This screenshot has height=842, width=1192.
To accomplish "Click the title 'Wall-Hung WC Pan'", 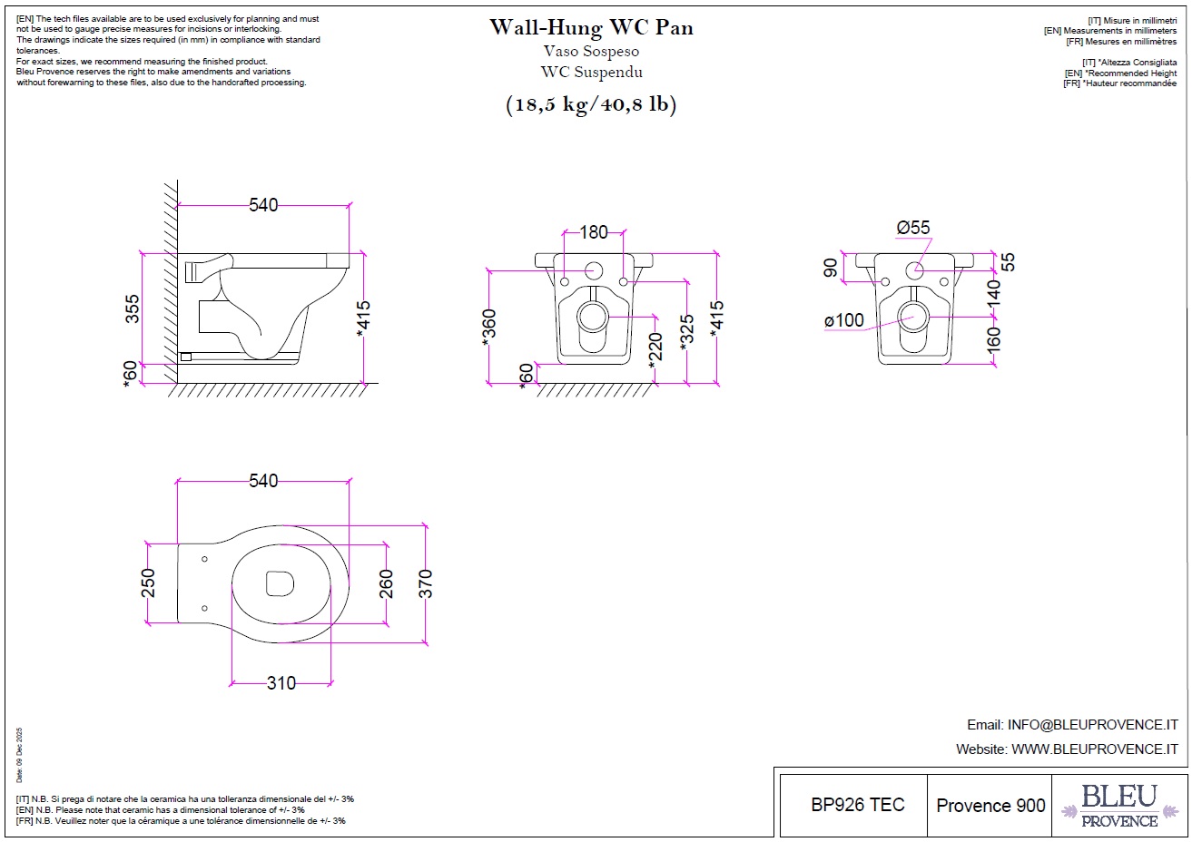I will pyautogui.click(x=591, y=27).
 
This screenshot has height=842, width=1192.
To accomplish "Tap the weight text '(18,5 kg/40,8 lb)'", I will pyautogui.click(x=591, y=104).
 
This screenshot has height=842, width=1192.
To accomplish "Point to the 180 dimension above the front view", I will pyautogui.click(x=594, y=232).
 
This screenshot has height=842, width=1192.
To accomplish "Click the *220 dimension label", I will pyautogui.click(x=656, y=348).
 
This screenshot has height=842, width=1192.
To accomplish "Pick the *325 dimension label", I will pyautogui.click(x=687, y=334).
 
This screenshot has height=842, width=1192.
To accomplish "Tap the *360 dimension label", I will pyautogui.click(x=490, y=328).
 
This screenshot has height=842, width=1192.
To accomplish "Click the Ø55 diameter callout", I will pyautogui.click(x=913, y=228).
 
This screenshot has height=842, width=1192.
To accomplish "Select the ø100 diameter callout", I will pyautogui.click(x=844, y=320).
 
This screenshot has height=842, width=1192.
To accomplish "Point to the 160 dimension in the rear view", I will pyautogui.click(x=994, y=339).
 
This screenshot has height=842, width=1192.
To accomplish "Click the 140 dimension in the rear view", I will pyautogui.click(x=994, y=292).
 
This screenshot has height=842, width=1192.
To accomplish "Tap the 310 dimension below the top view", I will pyautogui.click(x=281, y=683).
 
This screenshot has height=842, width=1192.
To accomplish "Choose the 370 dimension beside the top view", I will pyautogui.click(x=426, y=583).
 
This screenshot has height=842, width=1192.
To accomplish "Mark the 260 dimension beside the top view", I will pyautogui.click(x=387, y=583).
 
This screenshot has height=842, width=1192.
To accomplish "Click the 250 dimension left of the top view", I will pyautogui.click(x=149, y=583).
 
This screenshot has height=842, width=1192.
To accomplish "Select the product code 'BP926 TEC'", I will pyautogui.click(x=858, y=805).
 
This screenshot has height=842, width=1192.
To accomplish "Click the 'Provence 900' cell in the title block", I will pyautogui.click(x=990, y=805).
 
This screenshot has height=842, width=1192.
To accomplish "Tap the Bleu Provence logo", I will pyautogui.click(x=1119, y=806).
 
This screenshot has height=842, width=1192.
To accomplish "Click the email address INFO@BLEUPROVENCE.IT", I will pyautogui.click(x=1092, y=725).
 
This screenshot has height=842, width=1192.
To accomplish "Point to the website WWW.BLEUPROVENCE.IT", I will pyautogui.click(x=1094, y=749).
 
